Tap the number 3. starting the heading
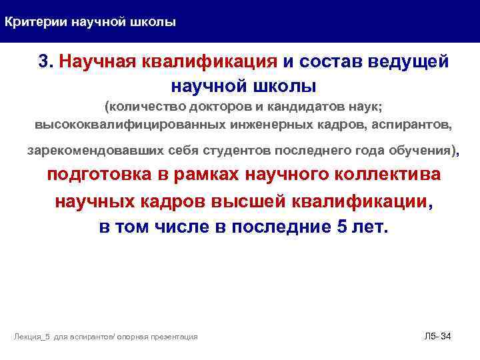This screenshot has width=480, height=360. pos(45,62)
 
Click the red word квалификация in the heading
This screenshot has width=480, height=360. pos(210,62)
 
